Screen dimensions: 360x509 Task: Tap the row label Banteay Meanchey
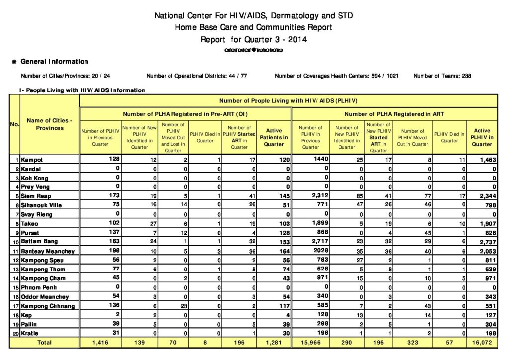(48, 251)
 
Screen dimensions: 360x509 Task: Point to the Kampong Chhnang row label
(48, 306)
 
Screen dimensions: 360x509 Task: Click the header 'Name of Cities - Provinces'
(49, 124)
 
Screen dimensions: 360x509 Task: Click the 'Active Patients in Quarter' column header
(274, 137)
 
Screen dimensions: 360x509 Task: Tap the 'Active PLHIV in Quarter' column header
(482, 137)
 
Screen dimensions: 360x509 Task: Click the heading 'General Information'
(54, 62)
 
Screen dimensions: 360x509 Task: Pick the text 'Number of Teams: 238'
(442, 76)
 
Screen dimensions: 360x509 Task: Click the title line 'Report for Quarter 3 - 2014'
(254, 39)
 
